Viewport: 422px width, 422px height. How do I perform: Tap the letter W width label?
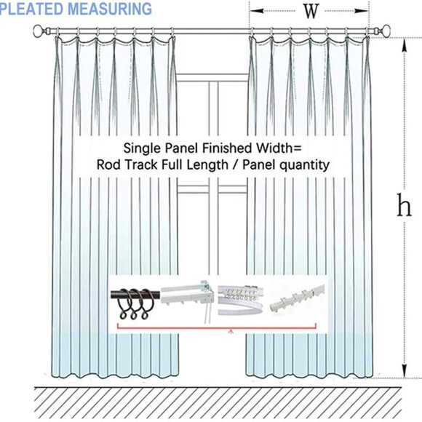tap(311, 11)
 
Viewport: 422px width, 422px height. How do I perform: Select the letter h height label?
tap(404, 207)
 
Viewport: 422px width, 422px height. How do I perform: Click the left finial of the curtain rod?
tap(39, 31)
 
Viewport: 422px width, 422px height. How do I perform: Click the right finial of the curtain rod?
tap(386, 31)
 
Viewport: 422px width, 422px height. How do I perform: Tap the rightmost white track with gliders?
tap(298, 298)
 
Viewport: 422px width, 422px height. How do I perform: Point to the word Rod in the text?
tap(108, 165)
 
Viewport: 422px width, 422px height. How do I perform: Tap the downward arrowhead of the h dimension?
tap(405, 374)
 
